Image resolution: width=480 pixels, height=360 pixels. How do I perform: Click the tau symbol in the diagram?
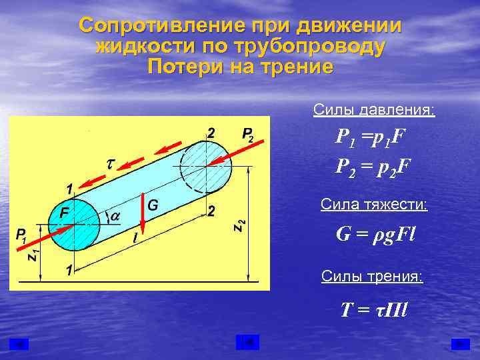[x=110, y=163]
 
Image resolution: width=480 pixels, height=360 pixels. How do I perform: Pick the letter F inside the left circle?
[x=63, y=213]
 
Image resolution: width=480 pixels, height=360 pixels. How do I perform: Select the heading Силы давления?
[x=373, y=109]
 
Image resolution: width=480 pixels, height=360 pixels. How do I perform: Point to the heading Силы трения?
[x=372, y=276]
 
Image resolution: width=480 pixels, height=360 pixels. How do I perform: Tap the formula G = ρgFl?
[x=375, y=235]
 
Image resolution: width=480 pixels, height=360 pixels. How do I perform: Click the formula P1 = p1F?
[x=371, y=139]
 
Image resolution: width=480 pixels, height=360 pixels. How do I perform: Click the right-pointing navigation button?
[x=460, y=343]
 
